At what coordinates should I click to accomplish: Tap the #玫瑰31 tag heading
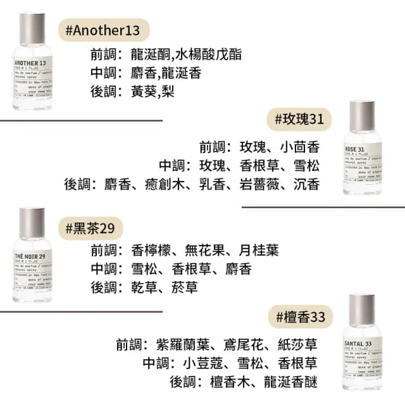point(300,118)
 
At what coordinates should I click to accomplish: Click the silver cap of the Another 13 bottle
point(32,26)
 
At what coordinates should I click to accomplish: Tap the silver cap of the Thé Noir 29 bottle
point(32,221)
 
